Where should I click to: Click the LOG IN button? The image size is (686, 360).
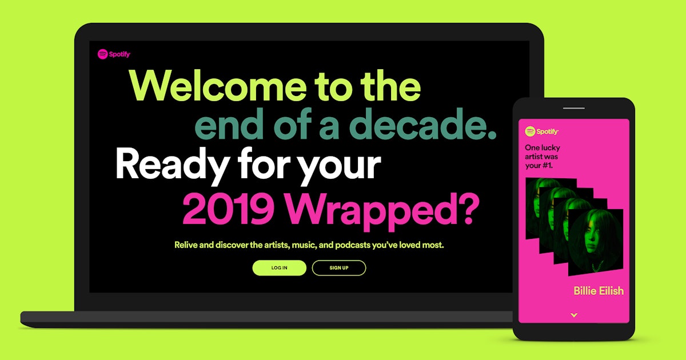279,268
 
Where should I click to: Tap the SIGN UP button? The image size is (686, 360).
338,268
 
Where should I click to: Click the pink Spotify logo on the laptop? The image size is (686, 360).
114,54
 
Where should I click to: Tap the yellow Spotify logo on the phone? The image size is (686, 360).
541,131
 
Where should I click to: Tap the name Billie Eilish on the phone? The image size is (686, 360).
599,291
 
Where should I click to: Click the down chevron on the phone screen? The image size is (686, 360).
574,315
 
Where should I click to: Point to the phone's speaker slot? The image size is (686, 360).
574,108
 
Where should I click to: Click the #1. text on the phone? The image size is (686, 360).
552,166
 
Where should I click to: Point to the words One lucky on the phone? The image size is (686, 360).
541,147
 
